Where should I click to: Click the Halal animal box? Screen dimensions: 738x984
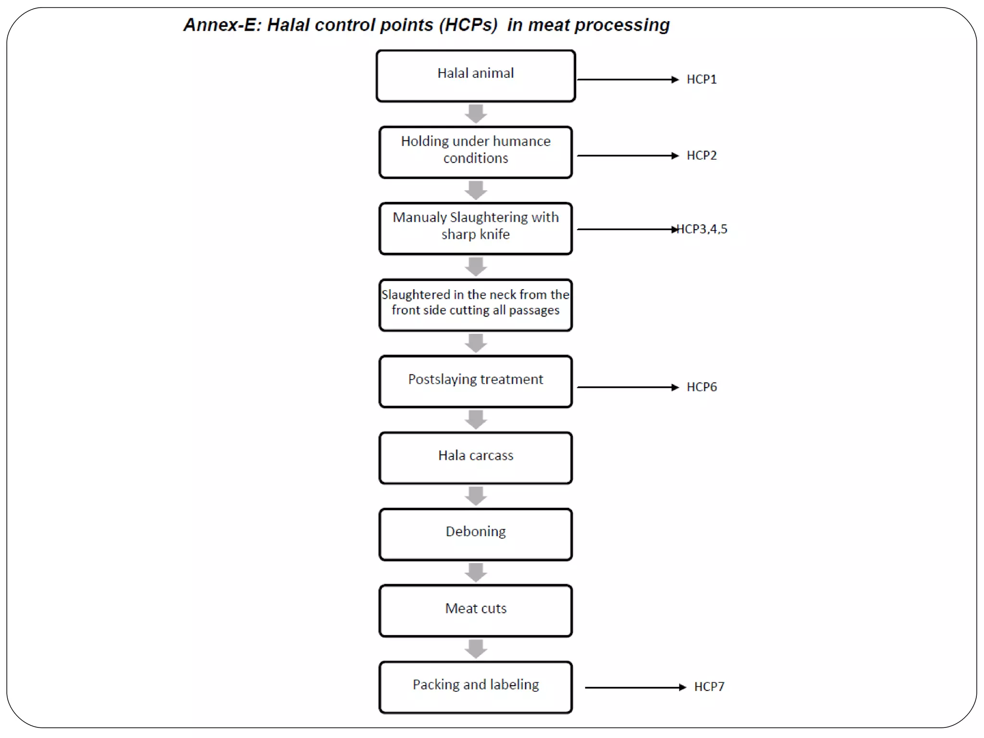coord(476,76)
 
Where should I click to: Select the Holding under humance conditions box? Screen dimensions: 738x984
coord(476,152)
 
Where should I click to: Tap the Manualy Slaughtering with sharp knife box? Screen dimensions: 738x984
coord(476,228)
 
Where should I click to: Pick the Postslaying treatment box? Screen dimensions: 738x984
coord(476,381)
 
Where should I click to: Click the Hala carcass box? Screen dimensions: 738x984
coord(476,457)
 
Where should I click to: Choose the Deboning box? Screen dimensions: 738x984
coord(476,534)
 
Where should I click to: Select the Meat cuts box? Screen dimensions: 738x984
coord(476,610)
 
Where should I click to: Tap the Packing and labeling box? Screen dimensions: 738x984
coord(476,687)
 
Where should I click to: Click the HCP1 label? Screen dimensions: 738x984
coord(701,79)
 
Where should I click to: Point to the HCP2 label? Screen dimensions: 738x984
coord(701,156)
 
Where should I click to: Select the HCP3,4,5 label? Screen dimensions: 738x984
coord(702,229)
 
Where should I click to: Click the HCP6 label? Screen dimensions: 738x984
coord(701,387)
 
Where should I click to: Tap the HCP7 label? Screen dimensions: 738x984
coord(709,687)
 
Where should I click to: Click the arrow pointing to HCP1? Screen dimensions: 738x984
coord(627,79)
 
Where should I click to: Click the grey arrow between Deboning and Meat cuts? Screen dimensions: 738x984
coord(476,572)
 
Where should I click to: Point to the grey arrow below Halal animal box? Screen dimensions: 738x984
coord(476,114)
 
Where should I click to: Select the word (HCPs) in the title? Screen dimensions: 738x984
coord(468,25)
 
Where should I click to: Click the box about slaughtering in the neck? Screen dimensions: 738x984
coord(476,305)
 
